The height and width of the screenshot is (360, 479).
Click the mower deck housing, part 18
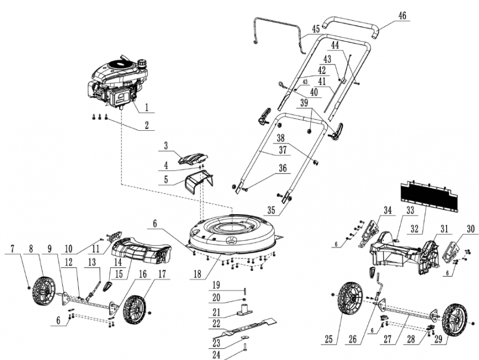point(234,231)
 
